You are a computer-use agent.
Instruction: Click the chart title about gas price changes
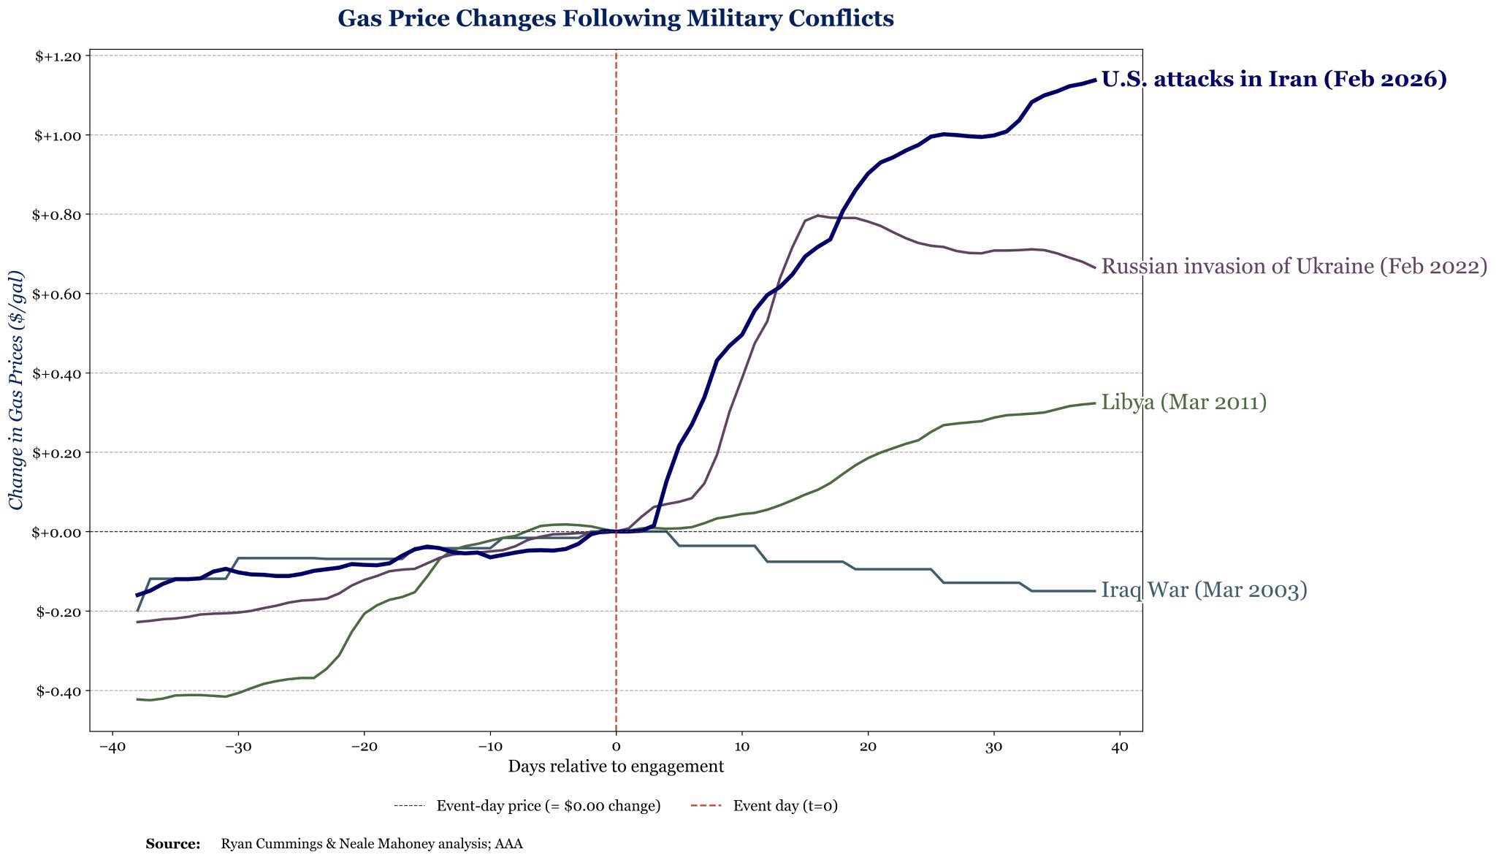pos(615,19)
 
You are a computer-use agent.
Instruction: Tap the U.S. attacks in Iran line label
pos(1273,79)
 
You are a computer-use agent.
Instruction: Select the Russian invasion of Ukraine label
pos(1294,267)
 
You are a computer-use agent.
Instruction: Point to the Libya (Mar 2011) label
pos(1183,402)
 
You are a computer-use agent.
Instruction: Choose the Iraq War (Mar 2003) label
pos(1204,590)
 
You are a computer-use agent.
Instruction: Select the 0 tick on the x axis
pos(616,748)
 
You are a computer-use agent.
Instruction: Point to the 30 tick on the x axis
pos(993,748)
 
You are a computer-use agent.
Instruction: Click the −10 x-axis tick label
pos(489,748)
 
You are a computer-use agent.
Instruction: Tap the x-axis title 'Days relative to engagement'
pos(616,766)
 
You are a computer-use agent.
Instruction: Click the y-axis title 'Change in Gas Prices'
pos(16,390)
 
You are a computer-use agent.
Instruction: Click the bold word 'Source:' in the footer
pos(173,845)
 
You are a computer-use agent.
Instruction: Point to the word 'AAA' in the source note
pos(508,845)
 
